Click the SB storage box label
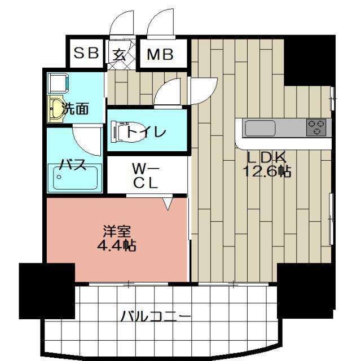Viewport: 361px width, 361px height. pos(86,54)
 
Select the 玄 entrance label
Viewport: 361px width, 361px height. pos(120,54)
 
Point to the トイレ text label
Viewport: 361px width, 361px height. pos(146,133)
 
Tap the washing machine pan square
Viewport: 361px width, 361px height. pos(57,84)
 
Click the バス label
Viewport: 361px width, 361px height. pos(73,166)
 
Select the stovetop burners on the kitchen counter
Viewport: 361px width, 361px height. pos(315,127)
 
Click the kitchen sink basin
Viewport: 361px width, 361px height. pos(259,128)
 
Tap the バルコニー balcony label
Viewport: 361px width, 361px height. pos(155,316)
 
